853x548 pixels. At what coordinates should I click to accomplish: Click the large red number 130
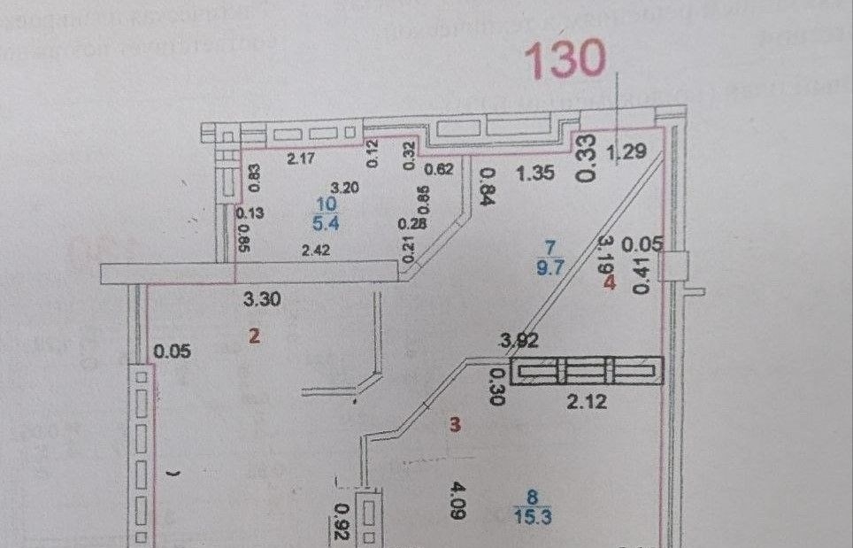[x=566, y=58]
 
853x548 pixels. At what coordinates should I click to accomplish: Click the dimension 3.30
[x=262, y=299]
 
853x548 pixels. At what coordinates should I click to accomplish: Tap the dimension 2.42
[x=316, y=251]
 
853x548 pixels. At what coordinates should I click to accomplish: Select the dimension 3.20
[x=344, y=188]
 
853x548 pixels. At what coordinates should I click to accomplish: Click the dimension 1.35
[x=536, y=174]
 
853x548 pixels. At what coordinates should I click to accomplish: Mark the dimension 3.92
[x=519, y=339]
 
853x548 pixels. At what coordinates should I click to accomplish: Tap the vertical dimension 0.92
[x=340, y=521]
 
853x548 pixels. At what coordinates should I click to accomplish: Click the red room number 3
[x=455, y=425]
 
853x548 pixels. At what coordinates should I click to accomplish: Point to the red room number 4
[x=609, y=283]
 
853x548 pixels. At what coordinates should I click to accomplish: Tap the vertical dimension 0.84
[x=486, y=187]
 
